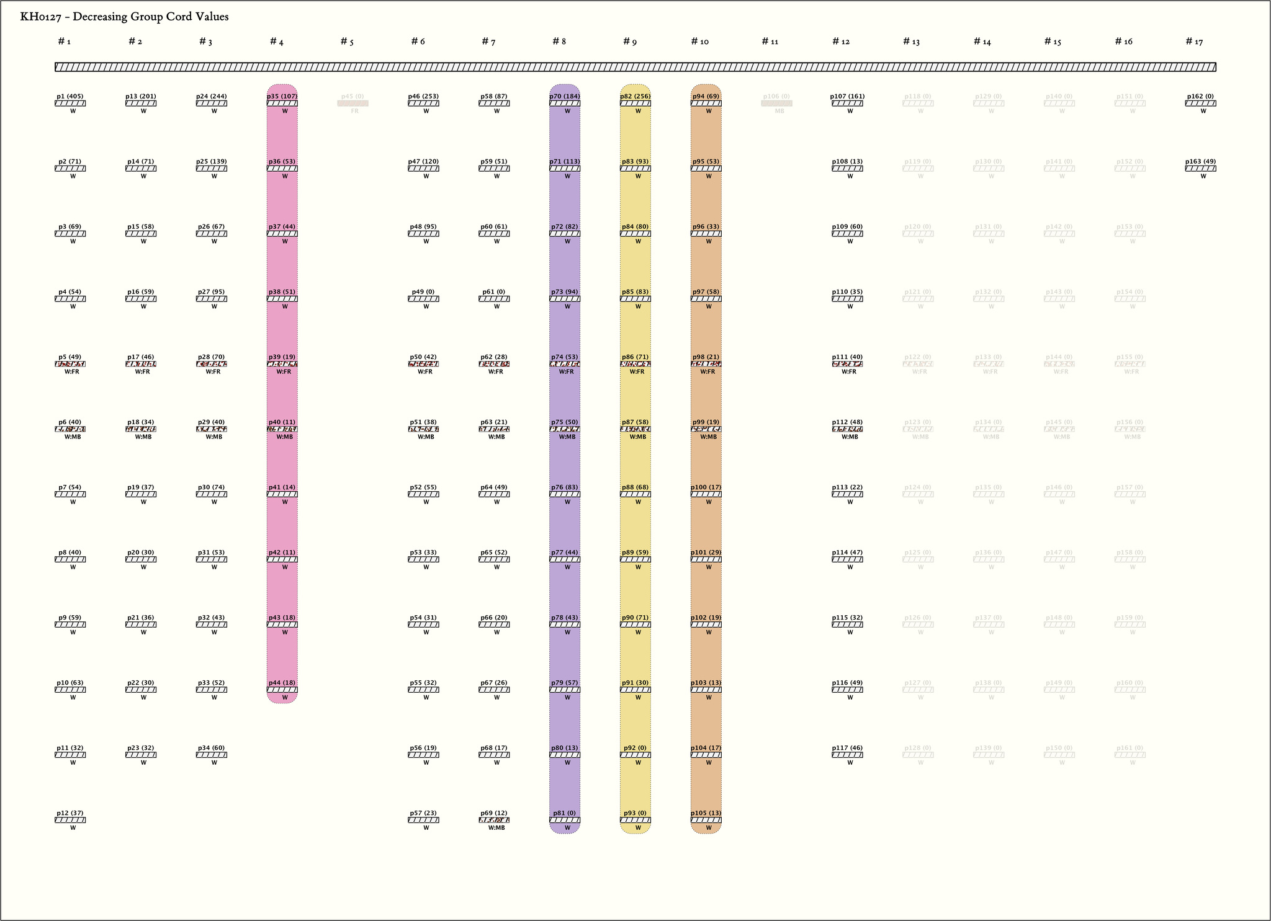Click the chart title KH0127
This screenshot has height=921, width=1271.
coord(124,17)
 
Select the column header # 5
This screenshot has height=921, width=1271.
coord(347,42)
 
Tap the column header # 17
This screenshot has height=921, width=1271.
coord(1194,42)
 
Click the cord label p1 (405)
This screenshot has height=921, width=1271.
coord(70,96)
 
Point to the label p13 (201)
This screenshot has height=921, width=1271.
coord(141,96)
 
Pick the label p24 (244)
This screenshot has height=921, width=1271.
coord(212,96)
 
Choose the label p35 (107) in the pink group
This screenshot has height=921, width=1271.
coord(282,96)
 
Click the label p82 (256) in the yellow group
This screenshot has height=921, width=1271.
coord(635,96)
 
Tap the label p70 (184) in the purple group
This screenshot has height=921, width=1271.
coord(565,96)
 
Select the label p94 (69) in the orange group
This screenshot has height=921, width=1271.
coord(706,96)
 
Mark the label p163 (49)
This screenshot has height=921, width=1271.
coord(1200,161)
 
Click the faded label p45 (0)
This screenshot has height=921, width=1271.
coord(353,96)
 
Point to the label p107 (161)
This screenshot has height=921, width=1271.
coord(847,96)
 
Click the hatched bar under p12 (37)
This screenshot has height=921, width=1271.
coord(70,820)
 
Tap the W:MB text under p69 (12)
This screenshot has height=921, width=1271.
coord(496,828)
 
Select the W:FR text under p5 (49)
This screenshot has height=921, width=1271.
coord(72,372)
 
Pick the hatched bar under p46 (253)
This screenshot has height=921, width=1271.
coord(423,104)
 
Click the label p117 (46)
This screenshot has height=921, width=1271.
coord(847,748)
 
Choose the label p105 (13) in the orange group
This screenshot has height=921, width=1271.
coord(706,812)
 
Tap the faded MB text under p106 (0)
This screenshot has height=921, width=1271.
coord(779,112)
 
